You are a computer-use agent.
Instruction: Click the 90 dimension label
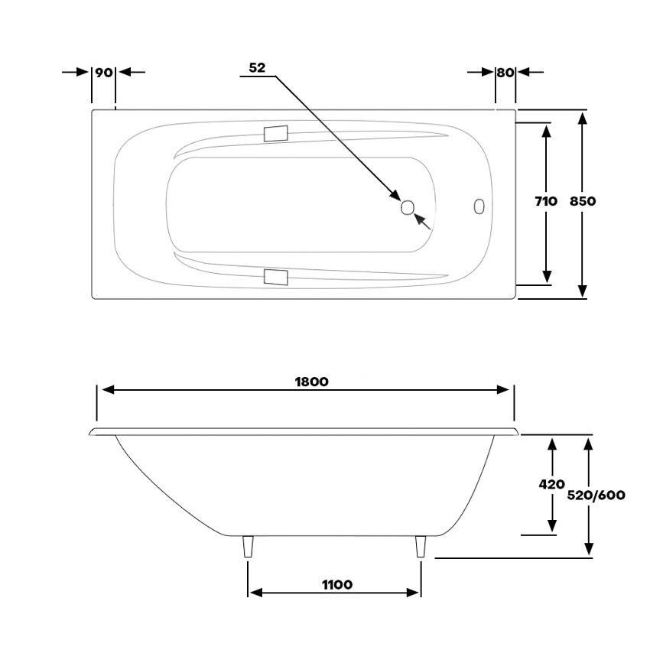tap(104, 73)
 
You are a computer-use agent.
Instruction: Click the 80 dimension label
tap(505, 73)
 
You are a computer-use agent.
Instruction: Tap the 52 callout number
tap(257, 67)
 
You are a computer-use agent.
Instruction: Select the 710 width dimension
tap(546, 201)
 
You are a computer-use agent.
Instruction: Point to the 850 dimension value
tap(583, 201)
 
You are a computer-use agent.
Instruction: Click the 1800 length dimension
tap(312, 382)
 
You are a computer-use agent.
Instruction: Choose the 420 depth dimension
tap(552, 484)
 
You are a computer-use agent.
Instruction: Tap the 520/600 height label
tap(596, 495)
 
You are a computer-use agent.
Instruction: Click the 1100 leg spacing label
tap(337, 584)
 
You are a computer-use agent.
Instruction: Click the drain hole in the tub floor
tap(408, 207)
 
